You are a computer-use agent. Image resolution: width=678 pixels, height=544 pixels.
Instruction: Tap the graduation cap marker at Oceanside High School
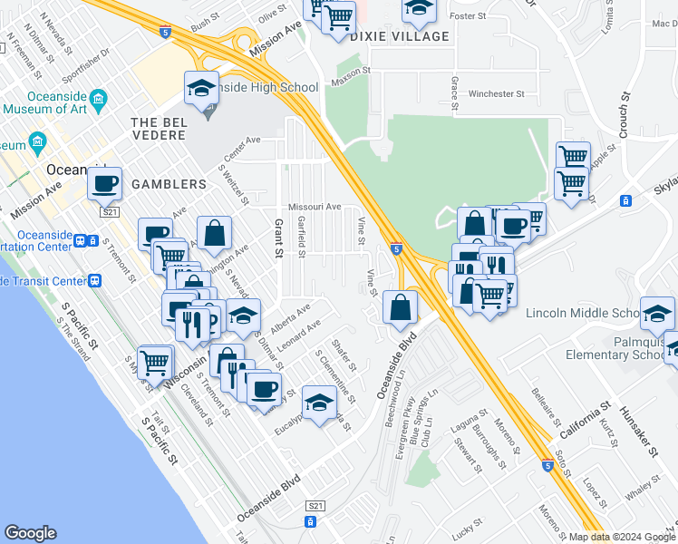point(201,88)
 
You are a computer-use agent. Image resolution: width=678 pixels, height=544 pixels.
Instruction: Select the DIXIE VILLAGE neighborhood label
point(399,36)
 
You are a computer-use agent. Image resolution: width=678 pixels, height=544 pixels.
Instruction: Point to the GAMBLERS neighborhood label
point(169,184)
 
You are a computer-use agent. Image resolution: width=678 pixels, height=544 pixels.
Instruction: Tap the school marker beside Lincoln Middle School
point(657,314)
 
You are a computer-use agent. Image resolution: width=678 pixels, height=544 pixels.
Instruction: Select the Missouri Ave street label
point(315,207)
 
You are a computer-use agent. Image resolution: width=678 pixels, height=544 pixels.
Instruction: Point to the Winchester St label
point(497,93)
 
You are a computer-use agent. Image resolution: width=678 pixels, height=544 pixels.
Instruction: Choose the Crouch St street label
point(624,114)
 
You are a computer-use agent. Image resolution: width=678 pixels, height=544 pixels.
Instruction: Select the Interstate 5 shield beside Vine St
point(397,248)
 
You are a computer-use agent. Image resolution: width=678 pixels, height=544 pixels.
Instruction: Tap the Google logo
point(31,533)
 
